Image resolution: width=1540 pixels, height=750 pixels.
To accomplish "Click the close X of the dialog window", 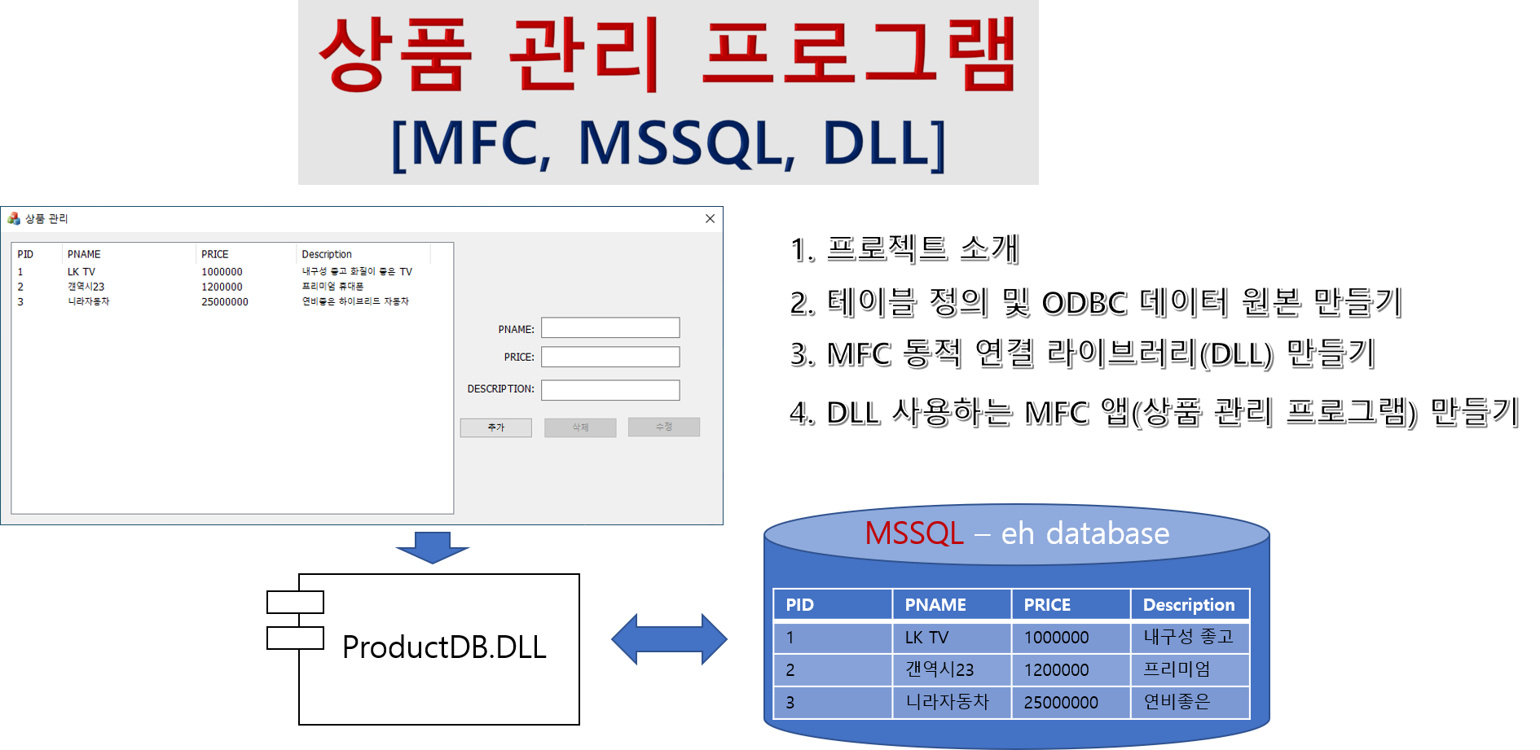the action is click(710, 218).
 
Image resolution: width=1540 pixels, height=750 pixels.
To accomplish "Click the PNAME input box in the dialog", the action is click(610, 327).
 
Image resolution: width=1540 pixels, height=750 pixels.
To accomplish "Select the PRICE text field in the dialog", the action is click(610, 357).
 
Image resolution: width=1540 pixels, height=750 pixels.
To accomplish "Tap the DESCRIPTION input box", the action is click(610, 390).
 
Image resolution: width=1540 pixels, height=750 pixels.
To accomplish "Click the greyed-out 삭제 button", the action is click(580, 428).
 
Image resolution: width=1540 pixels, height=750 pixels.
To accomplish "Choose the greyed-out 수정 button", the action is click(664, 427).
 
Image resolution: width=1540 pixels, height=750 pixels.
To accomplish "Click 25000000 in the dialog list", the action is click(225, 302).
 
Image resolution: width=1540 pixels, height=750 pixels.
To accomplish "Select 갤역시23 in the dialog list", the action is click(86, 287).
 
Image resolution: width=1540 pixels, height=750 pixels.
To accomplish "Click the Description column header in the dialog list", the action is click(327, 254).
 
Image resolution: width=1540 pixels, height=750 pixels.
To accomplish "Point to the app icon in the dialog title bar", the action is click(14, 218).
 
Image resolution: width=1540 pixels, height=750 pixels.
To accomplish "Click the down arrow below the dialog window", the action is click(433, 547).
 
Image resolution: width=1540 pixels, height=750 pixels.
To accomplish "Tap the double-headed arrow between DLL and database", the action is click(669, 639).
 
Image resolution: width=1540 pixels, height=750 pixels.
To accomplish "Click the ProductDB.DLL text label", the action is click(444, 647).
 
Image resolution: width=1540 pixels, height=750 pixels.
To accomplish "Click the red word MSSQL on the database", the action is click(914, 533).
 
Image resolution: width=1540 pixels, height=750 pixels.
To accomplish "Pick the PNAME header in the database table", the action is click(935, 605).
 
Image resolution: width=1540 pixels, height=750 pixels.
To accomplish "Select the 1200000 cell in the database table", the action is click(1056, 670).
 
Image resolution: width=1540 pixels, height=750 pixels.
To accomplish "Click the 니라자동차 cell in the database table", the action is click(947, 702).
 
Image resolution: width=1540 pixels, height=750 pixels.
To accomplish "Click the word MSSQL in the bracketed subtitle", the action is click(686, 143).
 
